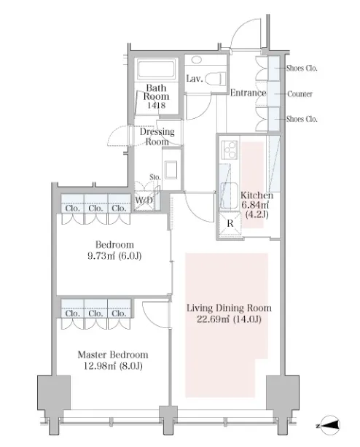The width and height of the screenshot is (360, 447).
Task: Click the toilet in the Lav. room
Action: point(216,79)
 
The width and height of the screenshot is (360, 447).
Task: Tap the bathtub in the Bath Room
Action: point(156,69)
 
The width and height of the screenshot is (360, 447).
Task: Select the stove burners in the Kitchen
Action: point(230,149)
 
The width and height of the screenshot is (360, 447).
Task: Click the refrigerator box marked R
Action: point(230,223)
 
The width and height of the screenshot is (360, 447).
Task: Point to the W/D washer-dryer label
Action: point(144,200)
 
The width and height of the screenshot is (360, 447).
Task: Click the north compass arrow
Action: point(330,426)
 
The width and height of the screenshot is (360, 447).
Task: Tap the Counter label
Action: point(300,94)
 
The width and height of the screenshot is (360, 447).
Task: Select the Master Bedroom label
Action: point(113,354)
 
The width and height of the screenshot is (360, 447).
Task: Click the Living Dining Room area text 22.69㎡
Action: point(214,319)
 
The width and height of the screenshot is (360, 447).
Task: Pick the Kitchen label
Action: point(257,195)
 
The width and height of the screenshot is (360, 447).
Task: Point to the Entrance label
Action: point(248,93)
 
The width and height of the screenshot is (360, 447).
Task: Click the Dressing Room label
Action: point(157,136)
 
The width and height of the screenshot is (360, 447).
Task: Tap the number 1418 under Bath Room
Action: point(157,105)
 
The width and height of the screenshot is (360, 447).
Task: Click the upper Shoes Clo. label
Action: point(302,68)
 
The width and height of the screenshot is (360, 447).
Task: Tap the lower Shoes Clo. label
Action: point(302,119)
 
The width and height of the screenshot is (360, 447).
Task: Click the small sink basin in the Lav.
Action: point(196,60)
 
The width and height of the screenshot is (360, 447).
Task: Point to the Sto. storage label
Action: point(155,177)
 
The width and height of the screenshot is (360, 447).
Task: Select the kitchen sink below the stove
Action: point(230,196)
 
